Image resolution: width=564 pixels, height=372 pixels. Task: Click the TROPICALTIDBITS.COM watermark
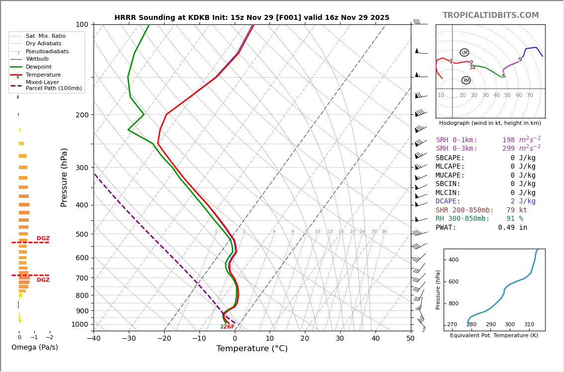coord(490,15)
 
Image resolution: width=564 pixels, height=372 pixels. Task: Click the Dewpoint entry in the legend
coord(39,67)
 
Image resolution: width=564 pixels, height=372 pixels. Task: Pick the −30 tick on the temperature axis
coord(129,339)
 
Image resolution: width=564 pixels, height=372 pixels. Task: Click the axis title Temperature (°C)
coord(252,349)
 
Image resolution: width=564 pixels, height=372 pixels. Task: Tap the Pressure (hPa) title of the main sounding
coord(64,177)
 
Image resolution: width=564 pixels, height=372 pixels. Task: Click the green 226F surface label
coord(227,327)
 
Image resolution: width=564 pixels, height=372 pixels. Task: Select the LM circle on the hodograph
coord(465,53)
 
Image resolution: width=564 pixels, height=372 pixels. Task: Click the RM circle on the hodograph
coord(466,81)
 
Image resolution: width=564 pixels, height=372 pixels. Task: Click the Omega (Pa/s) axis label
coord(34,347)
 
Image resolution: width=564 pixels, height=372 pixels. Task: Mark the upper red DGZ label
coord(43,238)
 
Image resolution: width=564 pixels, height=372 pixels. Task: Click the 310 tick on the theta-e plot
coord(529,325)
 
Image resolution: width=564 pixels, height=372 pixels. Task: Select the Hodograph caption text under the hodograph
coord(490,123)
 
